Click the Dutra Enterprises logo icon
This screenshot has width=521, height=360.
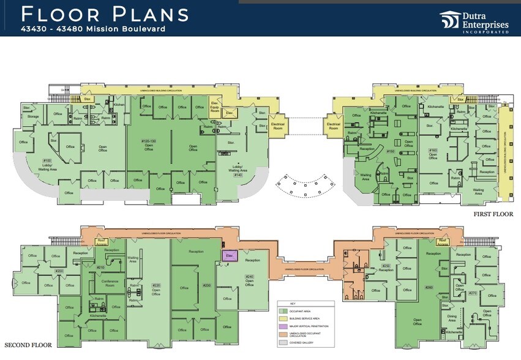coord(450,20)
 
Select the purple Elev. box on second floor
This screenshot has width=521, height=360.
coord(229,255)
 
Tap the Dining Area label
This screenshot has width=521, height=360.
coord(452,318)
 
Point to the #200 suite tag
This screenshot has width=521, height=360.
coord(59,271)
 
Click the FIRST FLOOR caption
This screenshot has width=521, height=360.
coord(493,214)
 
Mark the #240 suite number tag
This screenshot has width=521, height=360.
coord(249,276)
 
